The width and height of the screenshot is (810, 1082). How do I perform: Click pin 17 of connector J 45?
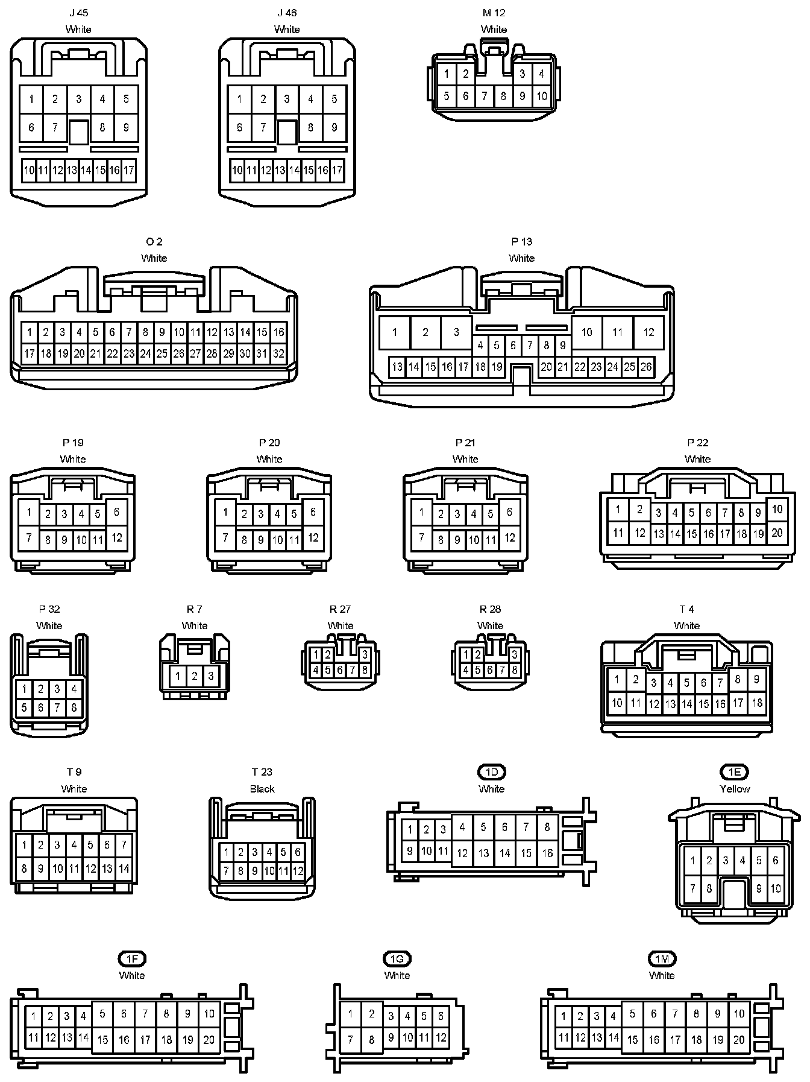point(129,171)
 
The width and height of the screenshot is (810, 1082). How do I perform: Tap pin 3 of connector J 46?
point(287,99)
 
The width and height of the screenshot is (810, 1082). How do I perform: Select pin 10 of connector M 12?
point(542,96)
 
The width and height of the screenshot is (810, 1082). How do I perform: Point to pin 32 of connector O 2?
point(278,354)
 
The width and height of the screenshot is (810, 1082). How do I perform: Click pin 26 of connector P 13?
point(646,367)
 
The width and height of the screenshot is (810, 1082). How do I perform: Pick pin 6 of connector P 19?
point(116,512)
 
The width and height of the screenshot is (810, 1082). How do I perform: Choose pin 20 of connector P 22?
point(777,533)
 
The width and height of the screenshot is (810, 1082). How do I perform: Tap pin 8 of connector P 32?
point(74,708)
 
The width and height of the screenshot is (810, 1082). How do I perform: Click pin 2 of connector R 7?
point(194,676)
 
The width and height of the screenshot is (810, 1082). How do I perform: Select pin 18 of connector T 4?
point(758,703)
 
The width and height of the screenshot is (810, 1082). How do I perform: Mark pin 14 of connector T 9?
point(124,869)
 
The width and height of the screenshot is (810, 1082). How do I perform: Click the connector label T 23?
point(262,772)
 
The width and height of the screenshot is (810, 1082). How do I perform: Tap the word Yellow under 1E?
point(735,789)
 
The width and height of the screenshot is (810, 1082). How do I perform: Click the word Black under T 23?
point(262,789)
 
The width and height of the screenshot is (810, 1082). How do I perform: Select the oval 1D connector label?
point(492,772)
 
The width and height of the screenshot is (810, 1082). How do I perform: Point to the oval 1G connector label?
point(397,959)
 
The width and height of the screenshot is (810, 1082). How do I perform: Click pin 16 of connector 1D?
point(547,853)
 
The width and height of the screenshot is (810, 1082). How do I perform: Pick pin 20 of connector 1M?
point(739,1040)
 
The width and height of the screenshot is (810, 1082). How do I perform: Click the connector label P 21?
point(465,443)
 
